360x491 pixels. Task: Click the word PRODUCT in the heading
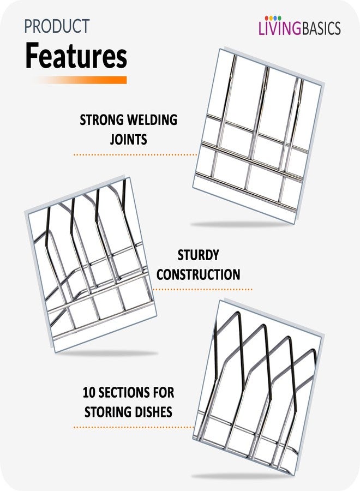click(x=57, y=27)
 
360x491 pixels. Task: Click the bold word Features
click(x=76, y=56)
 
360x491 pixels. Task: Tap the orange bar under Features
click(x=80, y=80)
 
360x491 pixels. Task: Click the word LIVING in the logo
click(x=280, y=28)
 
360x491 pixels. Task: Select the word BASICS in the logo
click(x=321, y=28)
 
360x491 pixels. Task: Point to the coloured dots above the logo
click(x=273, y=18)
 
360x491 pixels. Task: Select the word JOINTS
click(x=128, y=139)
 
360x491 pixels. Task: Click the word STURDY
click(x=198, y=255)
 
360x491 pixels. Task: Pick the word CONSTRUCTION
click(x=198, y=274)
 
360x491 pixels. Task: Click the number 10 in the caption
click(x=88, y=392)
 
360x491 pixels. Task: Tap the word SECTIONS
click(x=122, y=392)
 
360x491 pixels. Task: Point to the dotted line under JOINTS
click(x=135, y=155)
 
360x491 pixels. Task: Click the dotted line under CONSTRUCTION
click(x=202, y=290)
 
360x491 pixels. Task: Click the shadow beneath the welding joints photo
click(x=241, y=224)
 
